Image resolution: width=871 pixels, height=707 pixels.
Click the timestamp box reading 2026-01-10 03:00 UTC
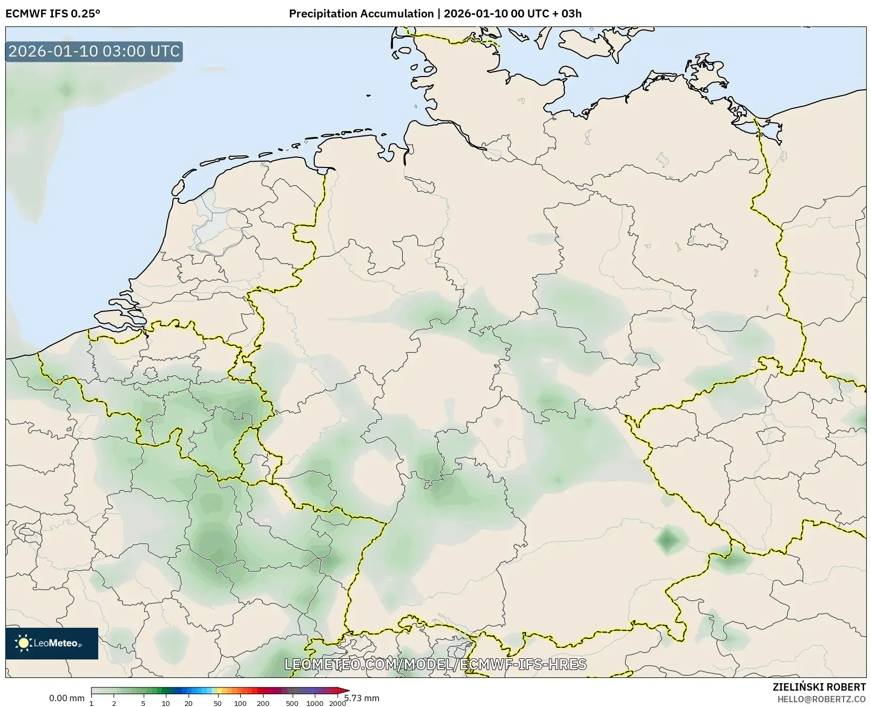point(94,52)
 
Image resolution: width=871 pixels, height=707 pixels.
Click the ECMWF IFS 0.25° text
point(52,14)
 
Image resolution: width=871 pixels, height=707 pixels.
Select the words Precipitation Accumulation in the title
point(361,14)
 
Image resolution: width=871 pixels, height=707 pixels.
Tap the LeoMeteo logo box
point(52,643)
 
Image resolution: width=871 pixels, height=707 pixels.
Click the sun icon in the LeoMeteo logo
point(23,643)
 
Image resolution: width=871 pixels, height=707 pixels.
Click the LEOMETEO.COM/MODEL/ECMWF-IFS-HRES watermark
point(435,664)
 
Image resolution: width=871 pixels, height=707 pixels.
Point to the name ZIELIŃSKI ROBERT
point(819,687)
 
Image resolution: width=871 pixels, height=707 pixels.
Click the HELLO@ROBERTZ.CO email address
point(821,699)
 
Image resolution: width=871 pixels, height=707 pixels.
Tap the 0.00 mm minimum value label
point(67,699)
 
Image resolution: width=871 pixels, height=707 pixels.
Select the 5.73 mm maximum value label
point(362,699)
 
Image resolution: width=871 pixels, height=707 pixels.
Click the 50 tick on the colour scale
point(218,703)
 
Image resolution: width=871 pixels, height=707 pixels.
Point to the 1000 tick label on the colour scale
point(315,703)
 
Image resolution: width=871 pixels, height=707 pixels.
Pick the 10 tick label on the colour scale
point(166,703)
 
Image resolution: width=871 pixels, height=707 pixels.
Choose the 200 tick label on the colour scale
point(263,703)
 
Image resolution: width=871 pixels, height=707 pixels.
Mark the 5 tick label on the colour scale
point(143,703)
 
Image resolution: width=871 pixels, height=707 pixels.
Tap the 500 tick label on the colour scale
point(292,703)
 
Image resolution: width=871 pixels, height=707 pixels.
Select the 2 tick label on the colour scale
point(114,703)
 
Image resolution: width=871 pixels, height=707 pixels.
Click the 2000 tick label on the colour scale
point(338,703)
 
